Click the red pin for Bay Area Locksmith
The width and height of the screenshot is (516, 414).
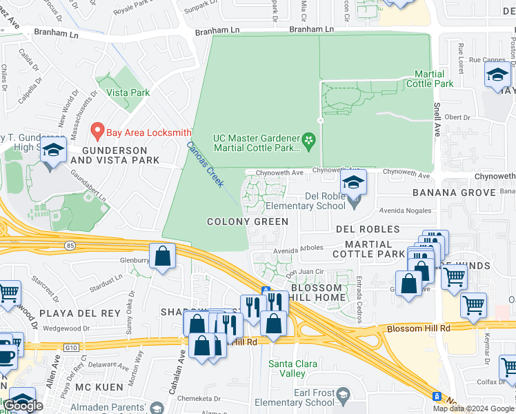[x=98, y=130]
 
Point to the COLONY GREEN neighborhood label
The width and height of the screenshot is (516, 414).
[x=248, y=221]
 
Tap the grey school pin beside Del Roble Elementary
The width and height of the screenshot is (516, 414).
[x=354, y=201]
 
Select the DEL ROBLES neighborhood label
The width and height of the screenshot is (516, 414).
[x=368, y=228]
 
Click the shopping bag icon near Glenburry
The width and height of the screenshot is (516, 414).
[x=161, y=256]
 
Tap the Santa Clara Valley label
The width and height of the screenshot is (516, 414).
[x=293, y=368]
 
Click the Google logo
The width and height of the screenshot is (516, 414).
[x=23, y=406]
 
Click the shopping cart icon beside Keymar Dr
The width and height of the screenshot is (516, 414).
[x=473, y=304]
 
